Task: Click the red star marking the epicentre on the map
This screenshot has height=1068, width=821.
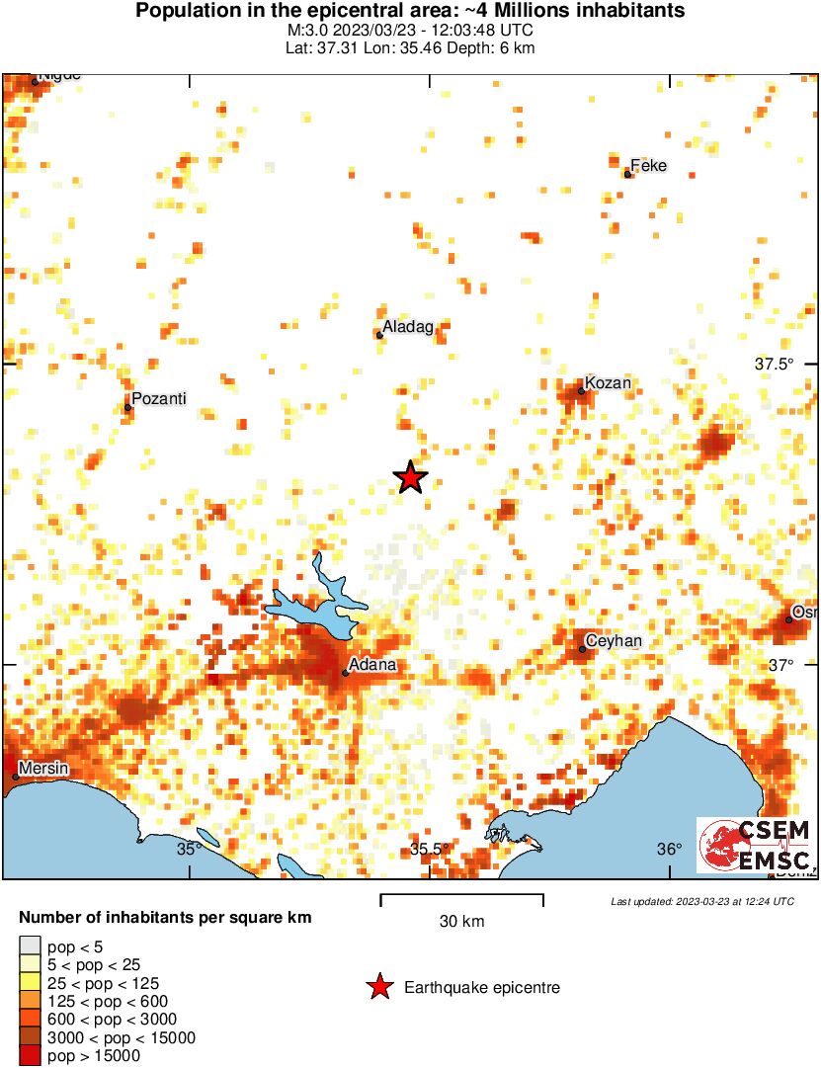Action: click(x=410, y=478)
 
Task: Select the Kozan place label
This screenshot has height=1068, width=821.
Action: click(x=608, y=382)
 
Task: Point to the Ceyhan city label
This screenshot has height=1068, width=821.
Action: click(x=614, y=641)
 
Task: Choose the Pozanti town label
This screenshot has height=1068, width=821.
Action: click(x=159, y=399)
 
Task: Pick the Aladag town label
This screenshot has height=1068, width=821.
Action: click(x=408, y=327)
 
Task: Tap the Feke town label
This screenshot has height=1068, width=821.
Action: click(x=648, y=166)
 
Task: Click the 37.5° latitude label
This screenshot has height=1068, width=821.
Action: click(x=775, y=364)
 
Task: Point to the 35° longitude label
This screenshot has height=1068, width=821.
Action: click(x=189, y=848)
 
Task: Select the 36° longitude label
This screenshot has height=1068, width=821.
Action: click(x=670, y=849)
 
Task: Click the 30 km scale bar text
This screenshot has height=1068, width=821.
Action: click(x=461, y=922)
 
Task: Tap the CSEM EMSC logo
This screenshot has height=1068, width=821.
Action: click(x=756, y=845)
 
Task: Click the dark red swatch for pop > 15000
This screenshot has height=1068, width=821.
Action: click(x=31, y=1056)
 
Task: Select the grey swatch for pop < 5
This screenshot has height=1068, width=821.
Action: click(x=31, y=946)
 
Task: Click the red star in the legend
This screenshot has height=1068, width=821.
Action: click(x=378, y=987)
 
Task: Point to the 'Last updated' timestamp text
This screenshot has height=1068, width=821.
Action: click(x=702, y=901)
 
